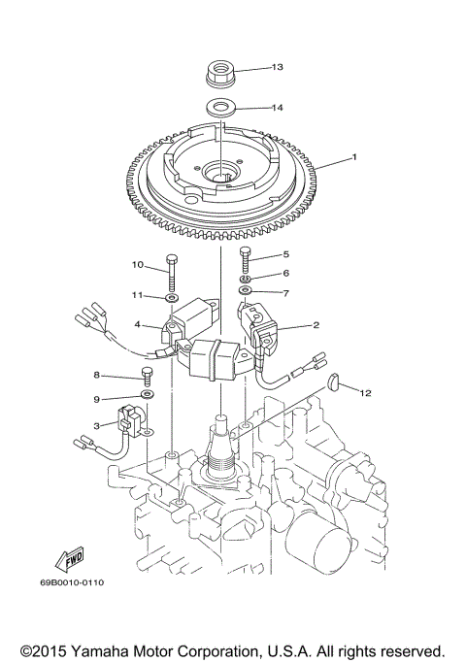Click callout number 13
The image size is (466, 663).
tap(277, 67)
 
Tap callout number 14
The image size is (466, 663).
tap(277, 108)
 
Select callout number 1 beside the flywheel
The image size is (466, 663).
tap(355, 156)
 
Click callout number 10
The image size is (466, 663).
tap(137, 264)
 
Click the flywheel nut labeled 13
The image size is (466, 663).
tap(222, 72)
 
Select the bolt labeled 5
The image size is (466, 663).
tap(246, 260)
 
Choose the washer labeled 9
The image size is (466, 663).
tap(147, 397)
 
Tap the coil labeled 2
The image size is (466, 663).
tap(260, 325)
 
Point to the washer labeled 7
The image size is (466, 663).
tap(246, 291)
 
